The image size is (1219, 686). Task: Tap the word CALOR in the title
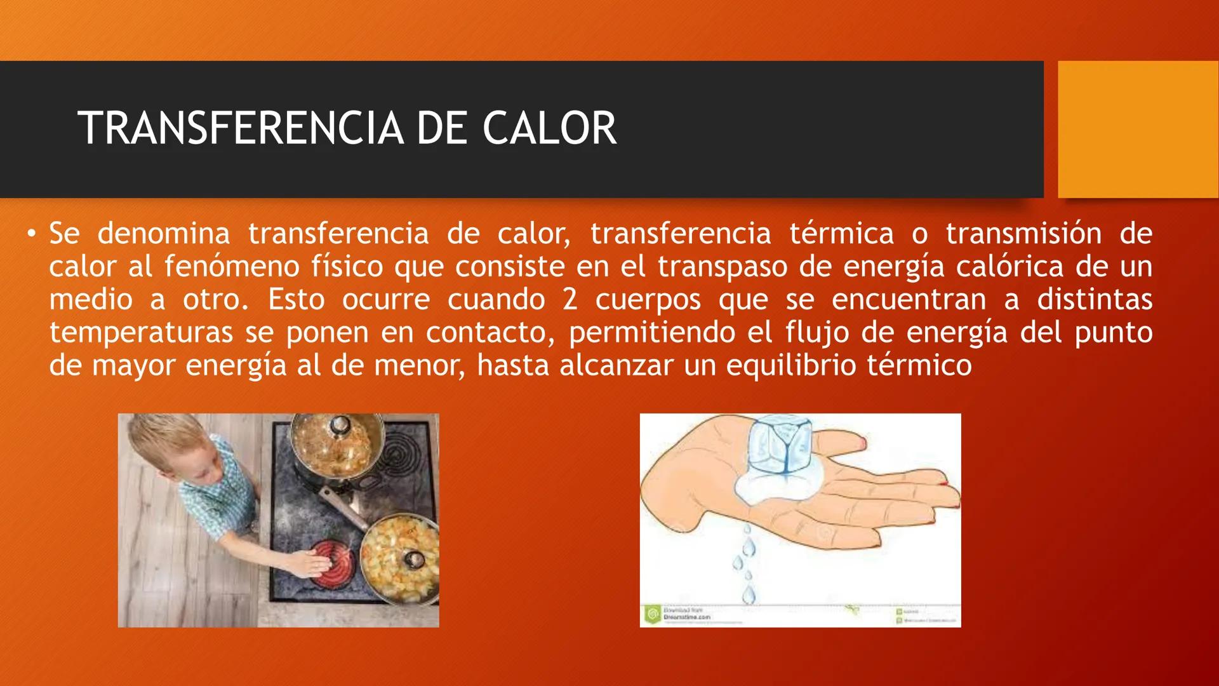coord(549,128)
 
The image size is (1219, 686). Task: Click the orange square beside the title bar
coord(1138,129)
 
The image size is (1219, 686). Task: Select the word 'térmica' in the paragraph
coord(841,233)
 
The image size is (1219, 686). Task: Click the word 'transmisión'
coord(1023,233)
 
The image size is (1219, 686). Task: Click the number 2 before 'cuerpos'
coord(570,299)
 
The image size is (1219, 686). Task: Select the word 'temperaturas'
coord(141,332)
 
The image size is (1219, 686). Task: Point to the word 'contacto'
coord(490,332)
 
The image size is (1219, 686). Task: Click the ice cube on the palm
coord(780,445)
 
